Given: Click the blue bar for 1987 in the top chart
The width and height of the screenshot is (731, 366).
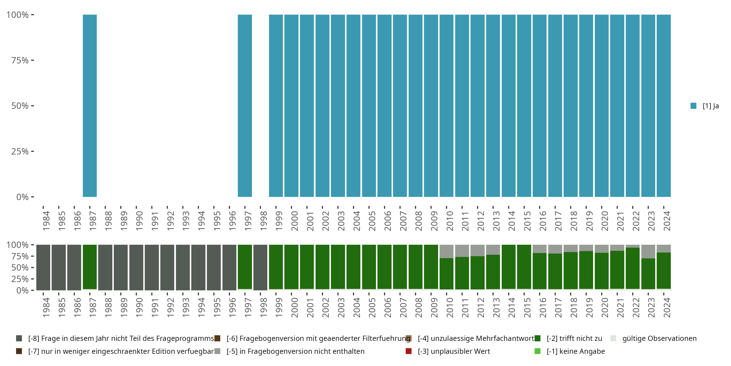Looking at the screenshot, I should tap(90, 106).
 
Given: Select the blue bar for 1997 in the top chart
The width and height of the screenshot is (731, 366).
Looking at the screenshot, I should tap(245, 106).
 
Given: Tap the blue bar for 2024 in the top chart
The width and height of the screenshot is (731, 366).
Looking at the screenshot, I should tap(664, 106).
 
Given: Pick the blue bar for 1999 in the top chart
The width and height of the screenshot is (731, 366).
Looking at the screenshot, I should tap(276, 106).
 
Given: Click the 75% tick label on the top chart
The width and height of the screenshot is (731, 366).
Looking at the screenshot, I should tap(20, 60).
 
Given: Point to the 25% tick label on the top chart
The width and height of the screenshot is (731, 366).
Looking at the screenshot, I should tap(20, 152).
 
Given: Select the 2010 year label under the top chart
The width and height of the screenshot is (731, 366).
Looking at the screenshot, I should tap(450, 221).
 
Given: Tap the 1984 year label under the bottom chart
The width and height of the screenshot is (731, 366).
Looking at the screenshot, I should tap(46, 307).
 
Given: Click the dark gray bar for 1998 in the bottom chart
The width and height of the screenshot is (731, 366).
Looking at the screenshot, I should tap(260, 267).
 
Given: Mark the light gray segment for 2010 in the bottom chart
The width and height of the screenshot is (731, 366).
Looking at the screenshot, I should tap(446, 251).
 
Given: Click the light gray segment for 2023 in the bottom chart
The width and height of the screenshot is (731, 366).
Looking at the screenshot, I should tap(648, 252).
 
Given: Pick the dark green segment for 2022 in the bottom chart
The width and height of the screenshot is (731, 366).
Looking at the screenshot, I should tap(633, 268).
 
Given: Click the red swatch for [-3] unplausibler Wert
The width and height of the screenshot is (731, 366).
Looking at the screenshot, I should tap(409, 351).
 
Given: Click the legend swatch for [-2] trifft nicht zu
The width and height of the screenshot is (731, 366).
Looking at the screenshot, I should tap(538, 338).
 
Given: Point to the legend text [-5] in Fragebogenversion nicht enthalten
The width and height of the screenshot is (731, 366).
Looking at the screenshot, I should tap(295, 351).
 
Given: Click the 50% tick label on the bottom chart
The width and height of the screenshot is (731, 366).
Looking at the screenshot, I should tap(20, 267).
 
